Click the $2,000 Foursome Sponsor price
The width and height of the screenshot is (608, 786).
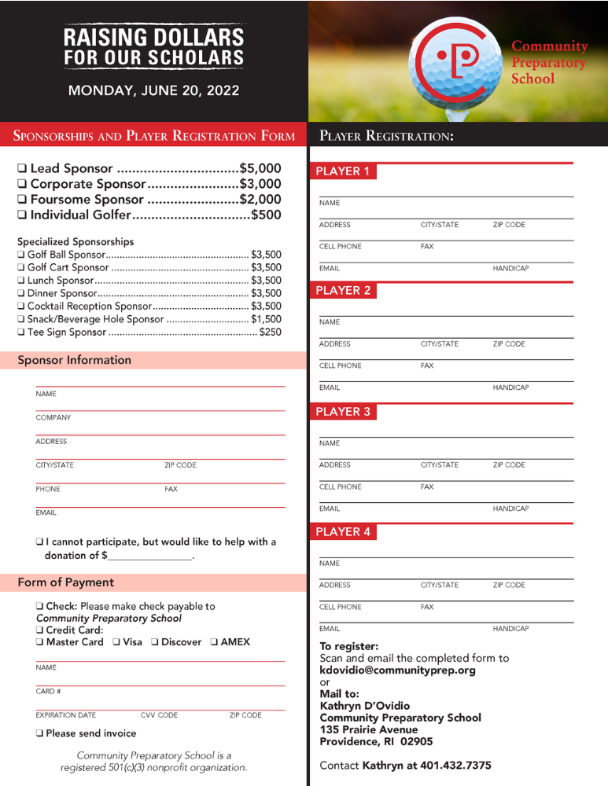(260, 199)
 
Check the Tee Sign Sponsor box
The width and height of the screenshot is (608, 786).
(21, 332)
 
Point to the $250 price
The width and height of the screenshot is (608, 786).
(270, 332)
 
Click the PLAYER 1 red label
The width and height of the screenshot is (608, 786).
(342, 171)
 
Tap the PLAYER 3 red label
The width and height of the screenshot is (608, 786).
(342, 412)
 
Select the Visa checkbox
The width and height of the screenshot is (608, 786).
(116, 642)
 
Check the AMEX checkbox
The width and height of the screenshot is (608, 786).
(214, 642)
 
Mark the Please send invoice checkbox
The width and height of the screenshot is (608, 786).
(39, 733)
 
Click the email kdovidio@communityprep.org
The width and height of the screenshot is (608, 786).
(397, 670)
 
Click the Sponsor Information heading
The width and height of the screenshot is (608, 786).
(75, 360)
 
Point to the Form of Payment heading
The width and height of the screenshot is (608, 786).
(66, 582)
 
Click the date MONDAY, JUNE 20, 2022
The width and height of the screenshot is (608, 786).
(153, 90)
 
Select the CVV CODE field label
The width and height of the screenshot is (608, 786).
(159, 715)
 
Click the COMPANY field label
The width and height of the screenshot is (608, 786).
(53, 417)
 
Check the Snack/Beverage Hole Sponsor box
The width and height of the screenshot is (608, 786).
(21, 319)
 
